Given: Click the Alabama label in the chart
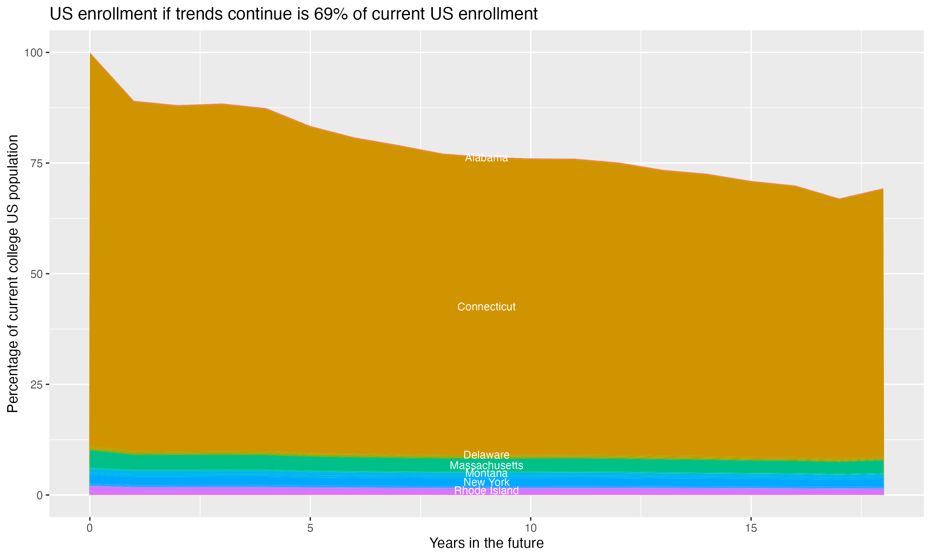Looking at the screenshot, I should (486, 158).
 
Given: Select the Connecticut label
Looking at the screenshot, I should (486, 307).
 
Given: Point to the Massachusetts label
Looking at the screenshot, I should (486, 466).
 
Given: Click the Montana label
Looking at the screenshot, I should (486, 473).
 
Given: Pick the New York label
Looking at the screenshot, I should (486, 482).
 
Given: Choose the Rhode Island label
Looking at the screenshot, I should (486, 491).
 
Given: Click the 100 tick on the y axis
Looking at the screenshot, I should (33, 53).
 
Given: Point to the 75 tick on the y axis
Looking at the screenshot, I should (36, 163).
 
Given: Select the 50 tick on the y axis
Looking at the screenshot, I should (36, 274).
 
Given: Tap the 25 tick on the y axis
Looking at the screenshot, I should (36, 384).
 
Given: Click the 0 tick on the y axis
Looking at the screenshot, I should (39, 495).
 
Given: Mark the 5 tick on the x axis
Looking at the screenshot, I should (310, 528).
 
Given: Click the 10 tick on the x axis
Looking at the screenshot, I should (530, 528).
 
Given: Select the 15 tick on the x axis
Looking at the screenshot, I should (751, 528).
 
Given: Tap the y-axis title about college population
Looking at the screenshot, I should (13, 274).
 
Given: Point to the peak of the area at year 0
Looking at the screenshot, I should (90, 53).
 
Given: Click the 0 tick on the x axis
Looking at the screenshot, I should (90, 528).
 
